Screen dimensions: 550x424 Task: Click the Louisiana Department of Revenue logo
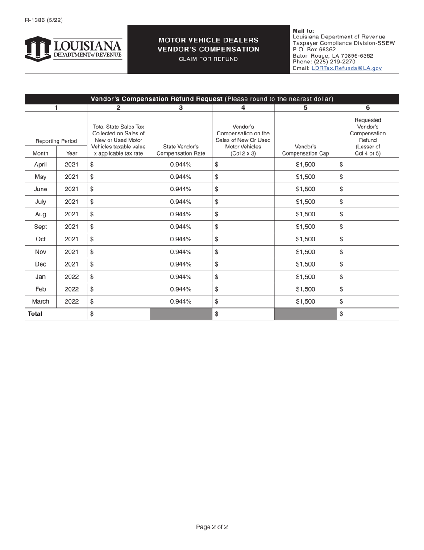[x=73, y=49]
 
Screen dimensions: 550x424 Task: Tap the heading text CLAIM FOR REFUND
[x=208, y=59]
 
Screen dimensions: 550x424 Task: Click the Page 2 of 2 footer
[x=212, y=527]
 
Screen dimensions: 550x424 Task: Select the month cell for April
[x=41, y=165]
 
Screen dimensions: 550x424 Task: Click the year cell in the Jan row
[x=71, y=277]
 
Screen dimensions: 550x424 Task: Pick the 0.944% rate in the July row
[x=181, y=202]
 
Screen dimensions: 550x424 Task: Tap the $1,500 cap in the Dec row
[x=305, y=264]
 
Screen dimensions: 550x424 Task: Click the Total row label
[x=35, y=314]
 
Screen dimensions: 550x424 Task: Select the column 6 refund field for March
[x=368, y=301]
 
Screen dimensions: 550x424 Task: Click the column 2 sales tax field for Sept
[x=118, y=227]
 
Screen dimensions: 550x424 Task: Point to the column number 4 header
[x=243, y=107]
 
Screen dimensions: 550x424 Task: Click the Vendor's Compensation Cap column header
[x=305, y=150]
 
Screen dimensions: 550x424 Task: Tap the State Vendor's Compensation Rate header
[x=181, y=150]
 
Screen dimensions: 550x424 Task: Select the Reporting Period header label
[x=56, y=141]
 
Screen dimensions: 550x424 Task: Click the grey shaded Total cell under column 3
[x=181, y=314]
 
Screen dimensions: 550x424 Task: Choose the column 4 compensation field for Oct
[x=243, y=239]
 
